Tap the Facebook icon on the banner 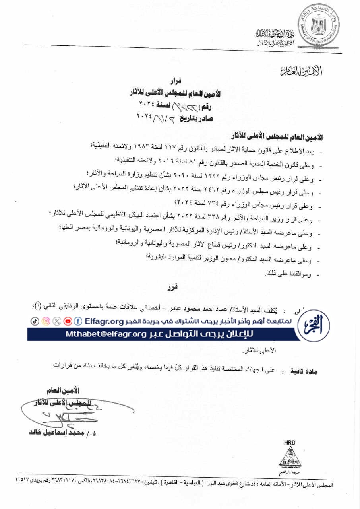click(x=78, y=321)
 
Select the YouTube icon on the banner click(x=68, y=321)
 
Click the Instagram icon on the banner click(x=46, y=321)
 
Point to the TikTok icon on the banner click(x=35, y=321)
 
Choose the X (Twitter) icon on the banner click(x=57, y=321)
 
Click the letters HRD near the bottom click(x=290, y=442)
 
